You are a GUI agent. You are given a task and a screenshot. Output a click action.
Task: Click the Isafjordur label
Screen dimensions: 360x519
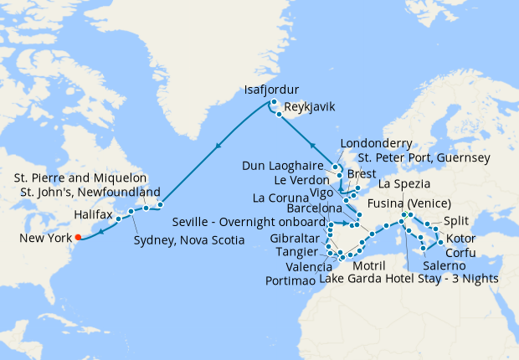pyautogui.click(x=270, y=90)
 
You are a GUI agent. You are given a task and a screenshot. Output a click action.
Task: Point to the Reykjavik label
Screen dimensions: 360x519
pyautogui.click(x=312, y=108)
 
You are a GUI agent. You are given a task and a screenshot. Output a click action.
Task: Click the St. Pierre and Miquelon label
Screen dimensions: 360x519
pyautogui.click(x=80, y=178)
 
